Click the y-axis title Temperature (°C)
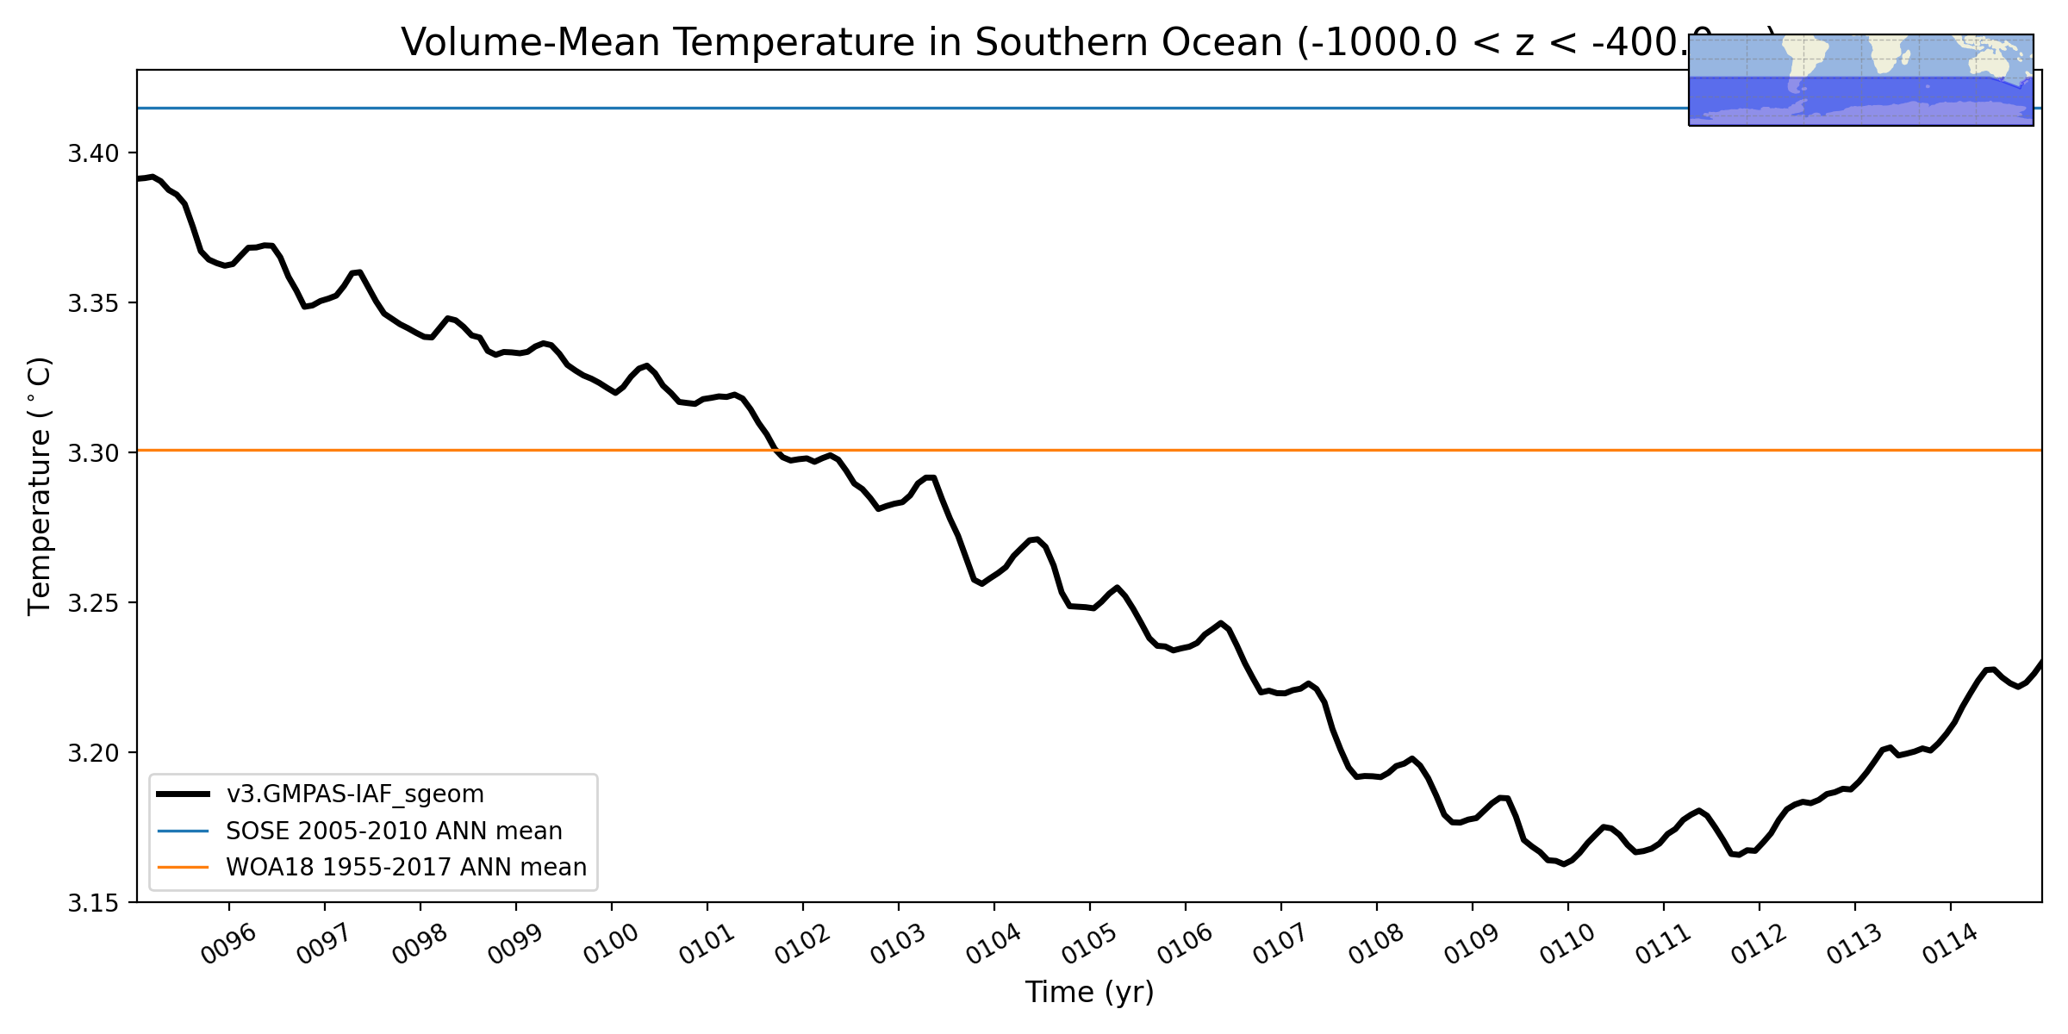[x=40, y=486]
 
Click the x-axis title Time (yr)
[x=1089, y=993]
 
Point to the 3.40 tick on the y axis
[x=93, y=154]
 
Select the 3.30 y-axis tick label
[x=93, y=453]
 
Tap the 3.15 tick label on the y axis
[x=93, y=903]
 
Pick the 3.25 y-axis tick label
[x=93, y=603]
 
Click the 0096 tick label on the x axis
[x=228, y=944]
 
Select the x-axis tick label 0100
[x=611, y=944]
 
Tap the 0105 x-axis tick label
[x=1089, y=944]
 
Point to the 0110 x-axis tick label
[x=1567, y=944]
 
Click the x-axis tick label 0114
[x=1950, y=944]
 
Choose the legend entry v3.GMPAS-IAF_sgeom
[x=355, y=794]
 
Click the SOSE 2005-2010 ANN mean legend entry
[x=394, y=832]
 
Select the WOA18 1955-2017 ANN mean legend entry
[x=406, y=868]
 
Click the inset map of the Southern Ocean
[x=1860, y=80]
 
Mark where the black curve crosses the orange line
[x=775, y=451]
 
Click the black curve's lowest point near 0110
[x=1564, y=863]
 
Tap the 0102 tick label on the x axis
[x=802, y=944]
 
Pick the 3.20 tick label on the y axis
[x=93, y=753]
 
